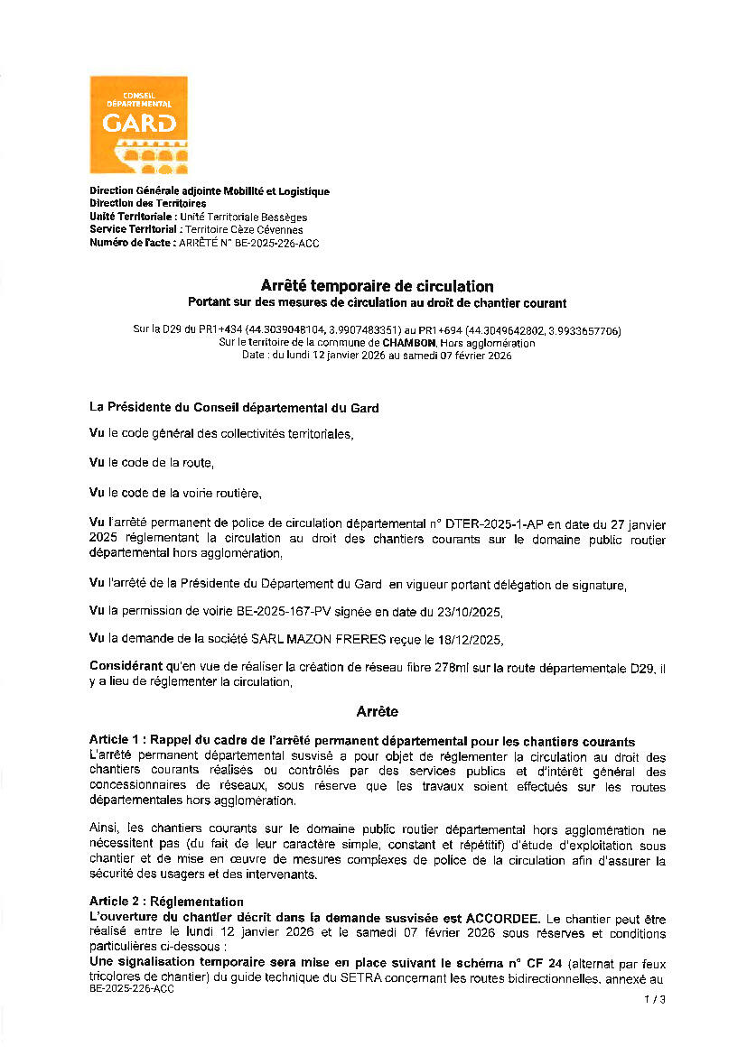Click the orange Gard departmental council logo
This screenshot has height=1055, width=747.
(138, 125)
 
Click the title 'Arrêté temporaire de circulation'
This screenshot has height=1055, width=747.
(377, 287)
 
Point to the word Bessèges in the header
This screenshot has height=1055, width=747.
(283, 217)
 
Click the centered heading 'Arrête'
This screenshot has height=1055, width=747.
(377, 712)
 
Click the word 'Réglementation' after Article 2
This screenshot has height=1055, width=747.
(197, 902)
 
